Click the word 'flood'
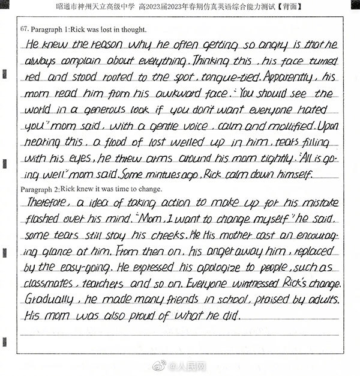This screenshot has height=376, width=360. coord(125,142)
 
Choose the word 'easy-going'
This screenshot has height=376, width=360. coord(86,267)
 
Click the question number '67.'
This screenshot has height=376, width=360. coord(25,29)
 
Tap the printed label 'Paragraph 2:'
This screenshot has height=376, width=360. coord(40,188)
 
